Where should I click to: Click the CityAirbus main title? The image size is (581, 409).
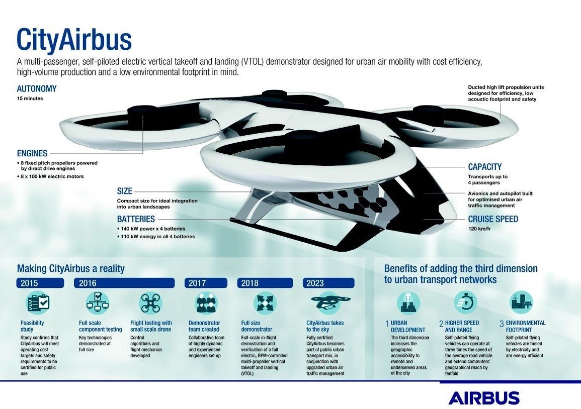74,40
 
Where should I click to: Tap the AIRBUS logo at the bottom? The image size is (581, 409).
484,398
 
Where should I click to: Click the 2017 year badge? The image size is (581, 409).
197,283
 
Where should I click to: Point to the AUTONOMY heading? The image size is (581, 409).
37,89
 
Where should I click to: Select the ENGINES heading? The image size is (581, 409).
32,153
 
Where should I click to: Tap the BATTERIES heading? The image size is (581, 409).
136,219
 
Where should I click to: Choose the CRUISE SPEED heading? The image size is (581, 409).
493,219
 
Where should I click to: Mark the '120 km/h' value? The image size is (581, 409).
479,230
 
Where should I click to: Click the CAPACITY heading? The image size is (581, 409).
485,167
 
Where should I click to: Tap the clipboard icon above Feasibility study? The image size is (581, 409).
37,303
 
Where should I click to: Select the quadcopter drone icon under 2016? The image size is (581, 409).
150,303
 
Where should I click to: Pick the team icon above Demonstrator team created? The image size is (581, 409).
206,303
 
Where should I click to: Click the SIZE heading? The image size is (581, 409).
125,191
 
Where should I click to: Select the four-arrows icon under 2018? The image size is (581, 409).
264,303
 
